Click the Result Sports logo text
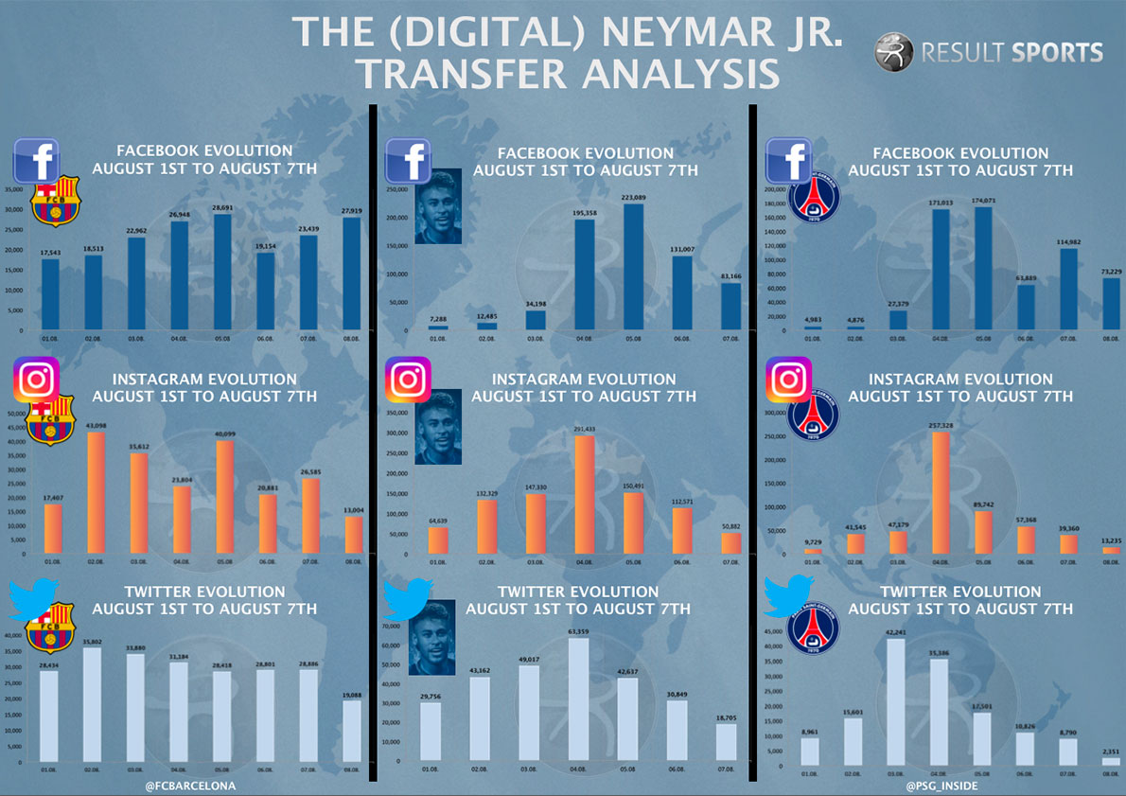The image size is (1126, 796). click(1011, 51)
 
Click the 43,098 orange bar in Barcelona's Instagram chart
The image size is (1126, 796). click(96, 493)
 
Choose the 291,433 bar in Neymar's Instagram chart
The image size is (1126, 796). click(585, 495)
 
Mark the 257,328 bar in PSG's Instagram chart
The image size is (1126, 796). click(941, 493)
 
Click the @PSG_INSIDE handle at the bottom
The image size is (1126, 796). click(941, 786)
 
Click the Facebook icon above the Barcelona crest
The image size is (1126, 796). click(37, 160)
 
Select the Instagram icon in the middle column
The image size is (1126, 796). click(409, 380)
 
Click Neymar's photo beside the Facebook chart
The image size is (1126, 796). click(438, 205)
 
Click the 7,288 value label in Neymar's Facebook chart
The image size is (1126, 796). click(431, 320)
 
